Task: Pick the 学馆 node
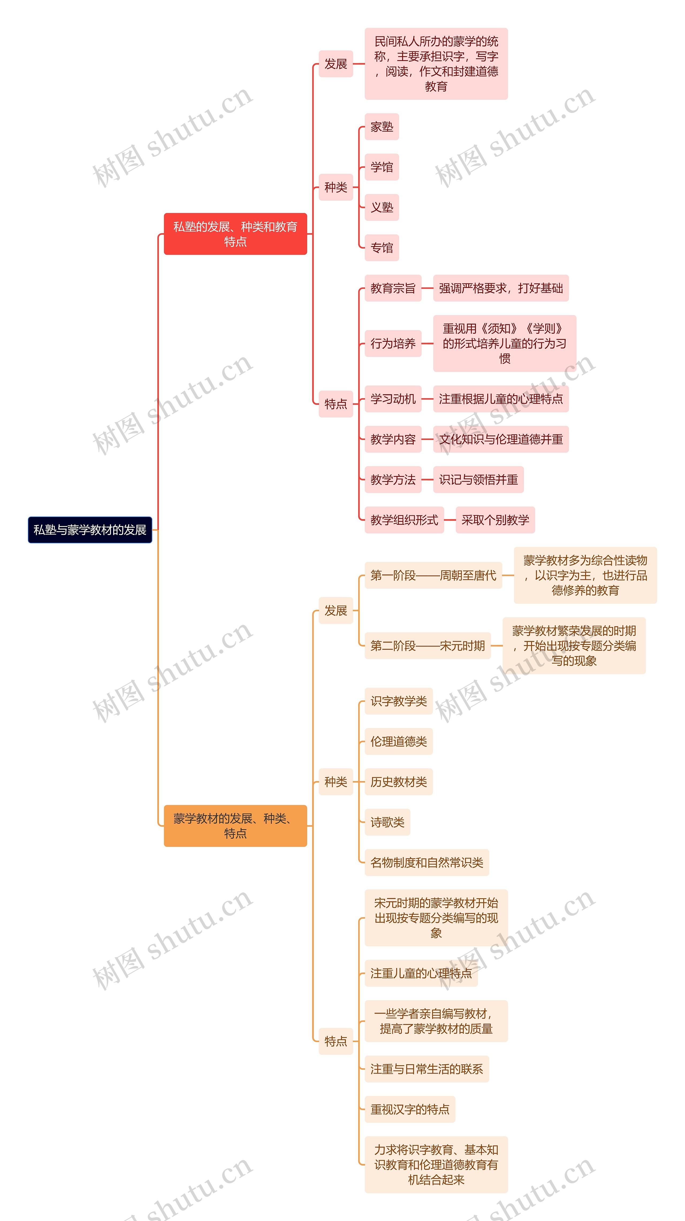click(382, 167)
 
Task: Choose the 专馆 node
click(382, 248)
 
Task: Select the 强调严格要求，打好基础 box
click(501, 288)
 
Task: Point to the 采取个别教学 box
click(495, 520)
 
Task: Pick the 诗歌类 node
click(387, 822)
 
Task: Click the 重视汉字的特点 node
click(410, 1109)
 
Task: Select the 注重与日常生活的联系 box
click(426, 1069)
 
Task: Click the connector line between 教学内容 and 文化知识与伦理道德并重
click(427, 439)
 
